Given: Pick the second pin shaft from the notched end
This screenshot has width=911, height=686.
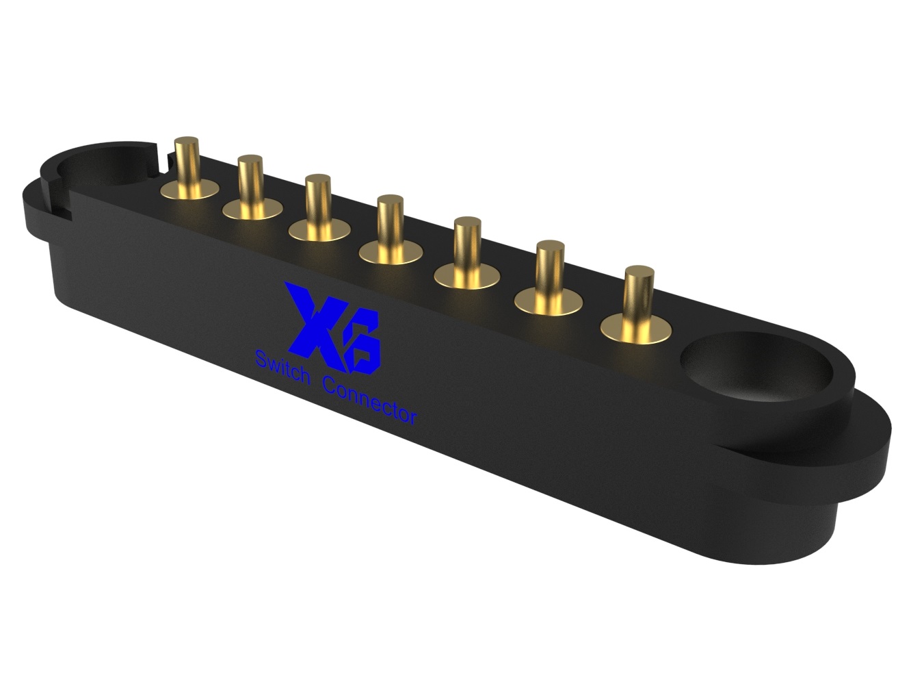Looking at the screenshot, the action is (x=250, y=183).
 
